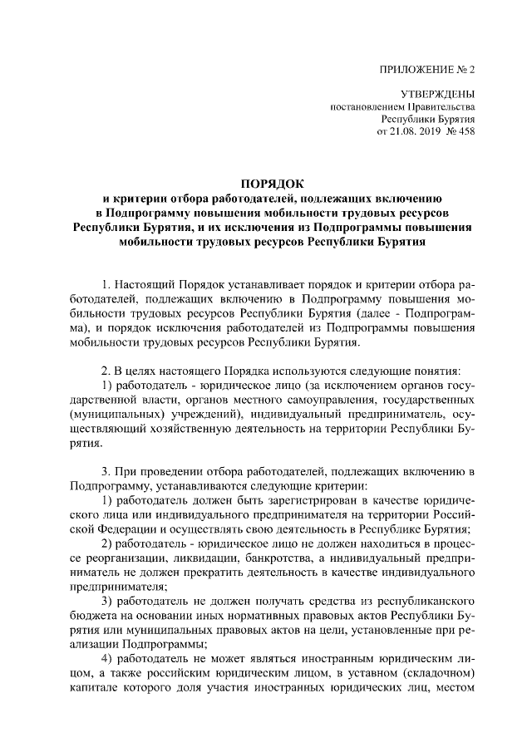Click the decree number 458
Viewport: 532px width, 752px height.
point(465,131)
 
